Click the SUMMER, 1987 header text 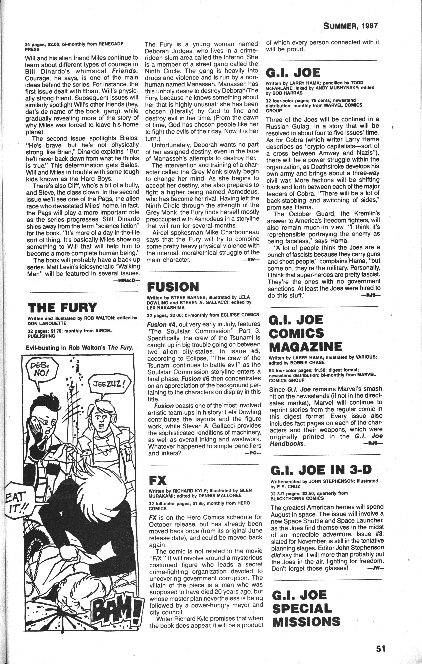click(350, 26)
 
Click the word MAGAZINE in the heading click(306, 347)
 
